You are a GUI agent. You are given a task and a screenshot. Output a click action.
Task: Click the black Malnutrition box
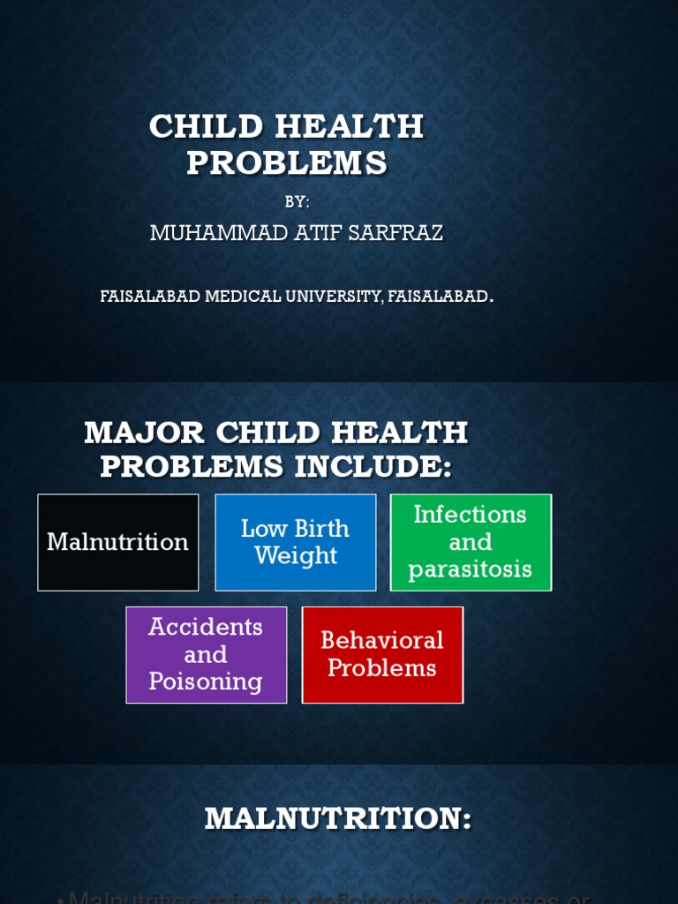tap(117, 542)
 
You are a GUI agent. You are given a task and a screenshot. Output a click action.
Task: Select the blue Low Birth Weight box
tap(295, 542)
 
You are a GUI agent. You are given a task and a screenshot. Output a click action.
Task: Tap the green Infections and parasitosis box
tap(471, 542)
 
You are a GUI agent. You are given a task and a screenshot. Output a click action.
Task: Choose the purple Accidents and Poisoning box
tap(206, 654)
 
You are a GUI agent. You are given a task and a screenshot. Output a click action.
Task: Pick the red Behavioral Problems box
tap(382, 654)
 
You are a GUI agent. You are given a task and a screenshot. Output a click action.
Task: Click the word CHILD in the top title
tap(207, 126)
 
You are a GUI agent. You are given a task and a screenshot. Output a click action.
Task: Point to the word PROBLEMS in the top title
tap(287, 162)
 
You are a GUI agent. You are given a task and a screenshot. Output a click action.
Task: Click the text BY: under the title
tap(297, 202)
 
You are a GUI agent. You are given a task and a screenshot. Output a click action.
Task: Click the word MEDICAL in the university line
tap(244, 297)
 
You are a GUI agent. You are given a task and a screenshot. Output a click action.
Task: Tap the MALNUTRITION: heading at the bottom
tap(338, 818)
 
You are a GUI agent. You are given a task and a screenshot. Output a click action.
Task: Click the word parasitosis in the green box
tap(471, 569)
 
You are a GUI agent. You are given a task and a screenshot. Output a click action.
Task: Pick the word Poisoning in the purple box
tap(206, 682)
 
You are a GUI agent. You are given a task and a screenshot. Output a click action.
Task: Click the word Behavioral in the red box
tap(382, 640)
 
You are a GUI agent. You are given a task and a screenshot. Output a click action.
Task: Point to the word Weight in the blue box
tap(296, 556)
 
